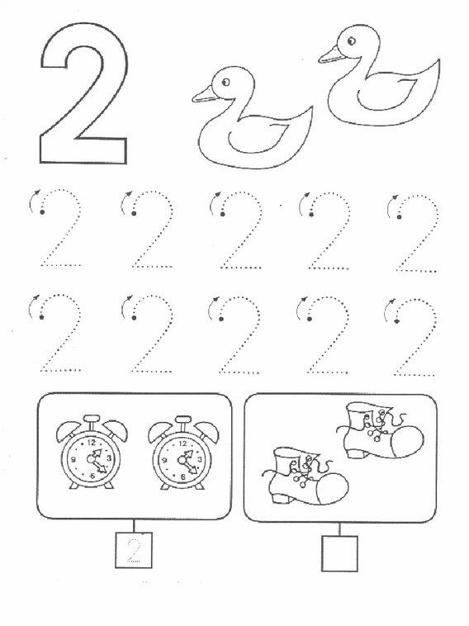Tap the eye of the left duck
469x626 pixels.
[225, 83]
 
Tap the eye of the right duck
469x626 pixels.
[351, 40]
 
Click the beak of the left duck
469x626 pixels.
[205, 95]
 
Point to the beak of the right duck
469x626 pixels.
[330, 55]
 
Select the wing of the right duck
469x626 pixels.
[386, 95]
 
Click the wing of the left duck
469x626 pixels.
[259, 137]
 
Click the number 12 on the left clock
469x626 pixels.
[92, 443]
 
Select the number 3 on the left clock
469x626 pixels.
[108, 458]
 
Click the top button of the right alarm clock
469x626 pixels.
[183, 420]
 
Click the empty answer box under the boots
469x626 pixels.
[339, 553]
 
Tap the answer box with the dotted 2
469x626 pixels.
[134, 550]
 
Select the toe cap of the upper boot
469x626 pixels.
[408, 441]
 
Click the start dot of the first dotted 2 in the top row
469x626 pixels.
[42, 211]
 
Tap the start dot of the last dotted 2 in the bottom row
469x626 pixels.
[397, 320]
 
